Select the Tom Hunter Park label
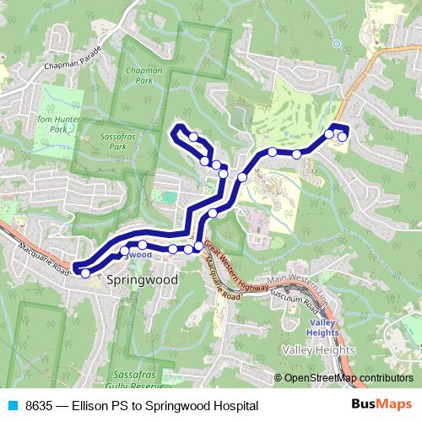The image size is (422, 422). tap(57, 126)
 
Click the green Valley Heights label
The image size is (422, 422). tap(322, 327)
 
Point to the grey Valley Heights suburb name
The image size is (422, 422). tap(318, 350)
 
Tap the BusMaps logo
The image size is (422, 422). tap(381, 405)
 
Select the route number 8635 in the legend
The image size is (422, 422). tap(40, 406)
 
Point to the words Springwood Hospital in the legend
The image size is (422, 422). tap(207, 406)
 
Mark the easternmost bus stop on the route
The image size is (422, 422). tap(343, 137)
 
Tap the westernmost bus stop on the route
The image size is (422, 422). tap(85, 273)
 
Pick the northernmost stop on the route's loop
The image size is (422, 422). tap(194, 137)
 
